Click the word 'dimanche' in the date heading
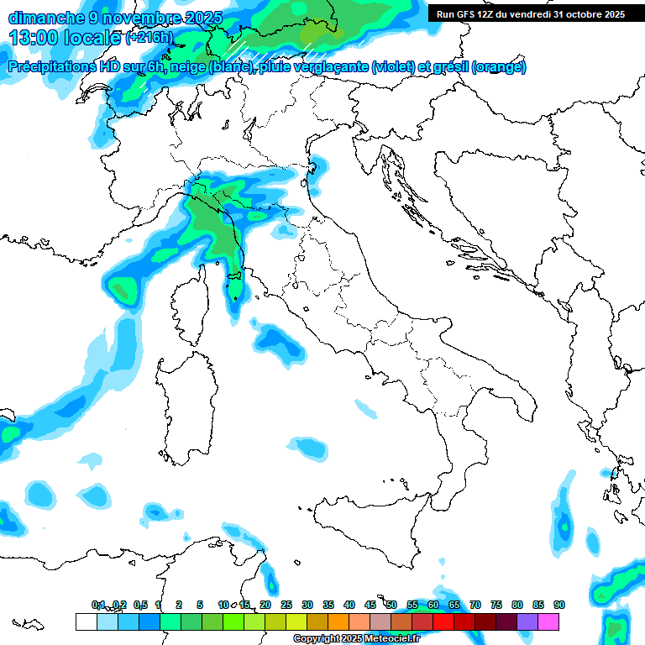(44, 18)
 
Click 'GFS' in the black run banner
(466, 14)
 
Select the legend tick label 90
(558, 605)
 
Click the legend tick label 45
(370, 605)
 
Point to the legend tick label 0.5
(140, 605)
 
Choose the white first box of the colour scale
(86, 621)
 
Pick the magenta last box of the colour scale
(548, 621)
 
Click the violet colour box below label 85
(527, 621)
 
